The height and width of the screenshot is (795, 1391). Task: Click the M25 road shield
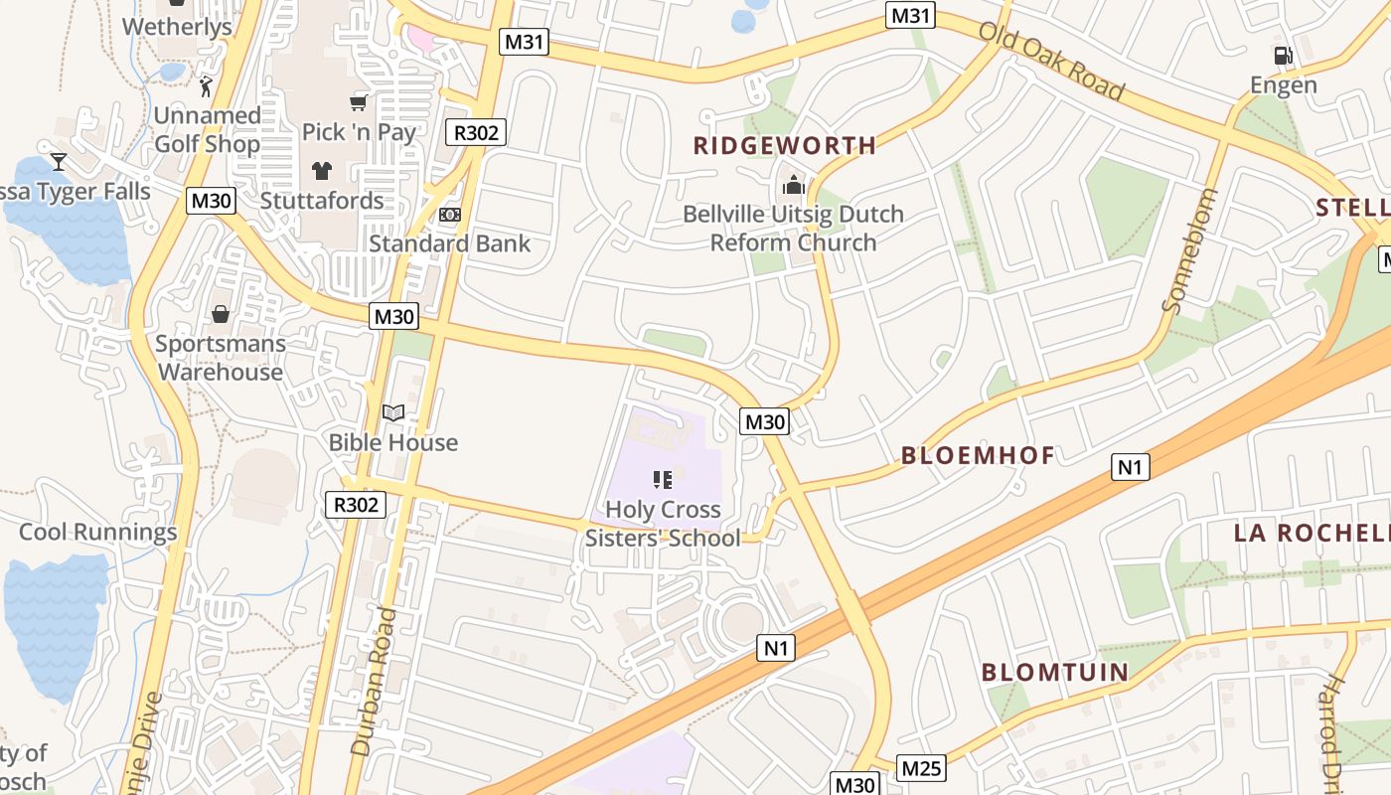[921, 768]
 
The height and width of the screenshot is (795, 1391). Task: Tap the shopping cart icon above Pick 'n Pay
[359, 102]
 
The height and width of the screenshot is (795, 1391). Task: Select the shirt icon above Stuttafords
[322, 171]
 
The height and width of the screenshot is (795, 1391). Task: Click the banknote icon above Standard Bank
[450, 215]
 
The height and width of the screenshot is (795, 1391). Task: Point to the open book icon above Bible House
[393, 413]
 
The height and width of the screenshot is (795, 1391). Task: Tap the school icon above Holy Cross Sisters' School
[663, 481]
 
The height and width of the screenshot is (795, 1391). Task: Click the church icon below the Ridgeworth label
[793, 185]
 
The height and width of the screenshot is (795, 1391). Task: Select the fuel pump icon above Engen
[1283, 56]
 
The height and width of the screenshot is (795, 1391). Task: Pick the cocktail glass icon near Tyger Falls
[59, 161]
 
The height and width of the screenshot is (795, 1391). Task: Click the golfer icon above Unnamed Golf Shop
[206, 86]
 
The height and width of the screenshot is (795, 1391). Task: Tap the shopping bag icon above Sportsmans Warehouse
[220, 315]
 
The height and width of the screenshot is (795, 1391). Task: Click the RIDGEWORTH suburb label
[785, 146]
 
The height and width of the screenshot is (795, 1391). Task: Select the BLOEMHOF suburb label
[978, 456]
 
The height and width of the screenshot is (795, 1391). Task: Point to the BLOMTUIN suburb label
[1055, 673]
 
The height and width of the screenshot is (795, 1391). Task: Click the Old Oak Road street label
[1051, 61]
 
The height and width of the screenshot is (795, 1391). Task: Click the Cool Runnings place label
[98, 532]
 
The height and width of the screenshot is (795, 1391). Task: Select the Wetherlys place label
[177, 27]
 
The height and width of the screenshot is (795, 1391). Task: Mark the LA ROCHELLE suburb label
[1312, 533]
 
